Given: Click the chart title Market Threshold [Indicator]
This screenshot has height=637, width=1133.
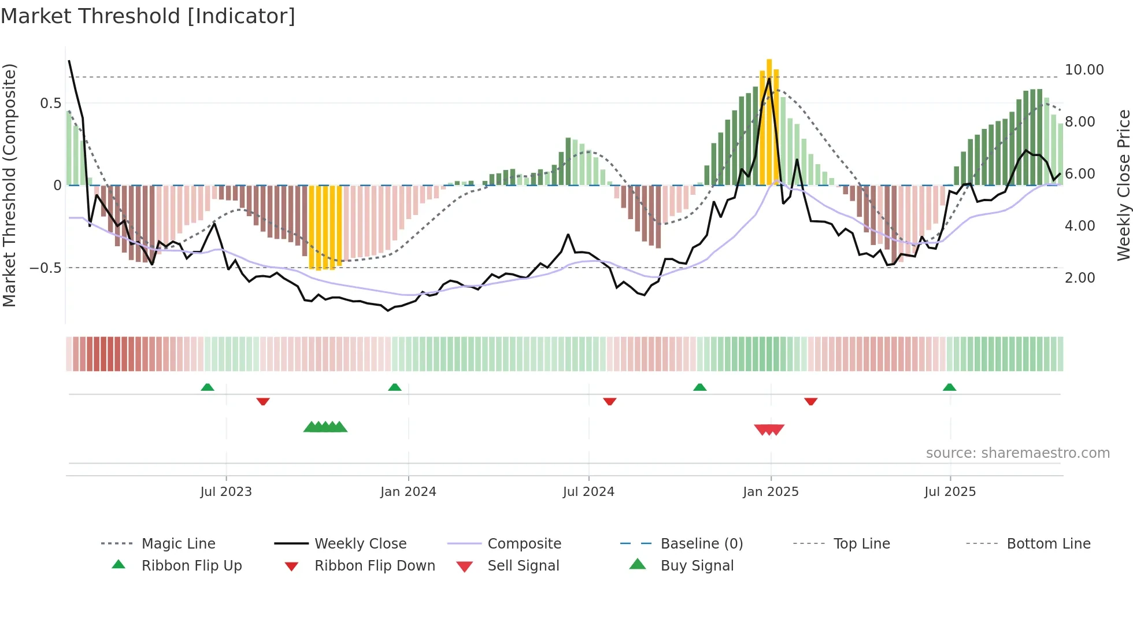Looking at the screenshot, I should (x=148, y=16).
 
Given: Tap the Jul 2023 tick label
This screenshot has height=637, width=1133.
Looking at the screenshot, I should (x=226, y=491).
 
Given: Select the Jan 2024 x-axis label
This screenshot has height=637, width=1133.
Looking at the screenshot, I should (x=408, y=491).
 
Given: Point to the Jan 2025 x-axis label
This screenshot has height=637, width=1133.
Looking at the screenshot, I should (x=771, y=491).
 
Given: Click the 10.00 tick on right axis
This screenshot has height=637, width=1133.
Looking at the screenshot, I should (x=1084, y=70).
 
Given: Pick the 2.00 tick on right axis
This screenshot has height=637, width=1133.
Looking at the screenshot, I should (x=1080, y=278).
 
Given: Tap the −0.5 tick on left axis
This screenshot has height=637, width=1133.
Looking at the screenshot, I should (x=45, y=268).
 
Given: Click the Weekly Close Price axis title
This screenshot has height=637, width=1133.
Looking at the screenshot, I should (x=1123, y=185).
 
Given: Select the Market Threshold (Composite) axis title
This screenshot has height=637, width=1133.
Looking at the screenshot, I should (x=9, y=185).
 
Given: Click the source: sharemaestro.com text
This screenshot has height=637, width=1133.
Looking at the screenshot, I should (x=1017, y=453).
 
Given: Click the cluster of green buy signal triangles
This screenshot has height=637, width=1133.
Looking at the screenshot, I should (x=325, y=427).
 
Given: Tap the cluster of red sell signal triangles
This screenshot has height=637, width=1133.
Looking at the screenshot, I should (x=769, y=429).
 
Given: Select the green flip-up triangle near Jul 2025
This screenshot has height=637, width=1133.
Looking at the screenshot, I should (x=949, y=387).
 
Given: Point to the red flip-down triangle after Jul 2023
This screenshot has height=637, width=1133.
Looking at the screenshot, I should (x=263, y=401).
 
